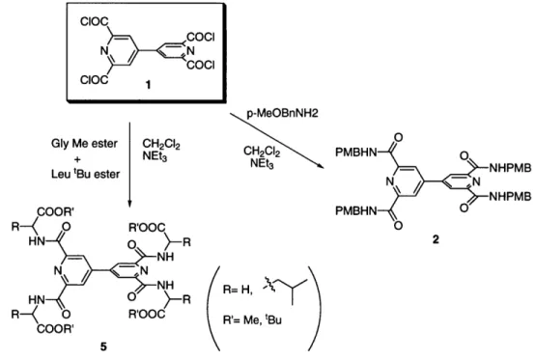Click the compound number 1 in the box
coord(148,84)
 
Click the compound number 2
coord(436,239)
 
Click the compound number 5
coord(103,346)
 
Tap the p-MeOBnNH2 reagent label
coord(282,113)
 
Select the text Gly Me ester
coord(84,144)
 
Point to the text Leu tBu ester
coord(85,174)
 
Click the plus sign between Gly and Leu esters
coord(78,159)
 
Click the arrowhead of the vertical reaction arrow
coord(130,203)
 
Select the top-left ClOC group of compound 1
coord(95,22)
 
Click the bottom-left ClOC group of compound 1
coord(95,80)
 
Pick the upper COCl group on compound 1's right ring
coord(201,37)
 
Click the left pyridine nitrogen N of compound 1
coord(104,51)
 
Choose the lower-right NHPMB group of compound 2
coord(510,196)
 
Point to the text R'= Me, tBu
coord(252,320)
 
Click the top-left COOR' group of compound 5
coord(56,212)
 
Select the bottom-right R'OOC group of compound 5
coord(147,314)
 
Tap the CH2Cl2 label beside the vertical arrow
coord(161,145)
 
